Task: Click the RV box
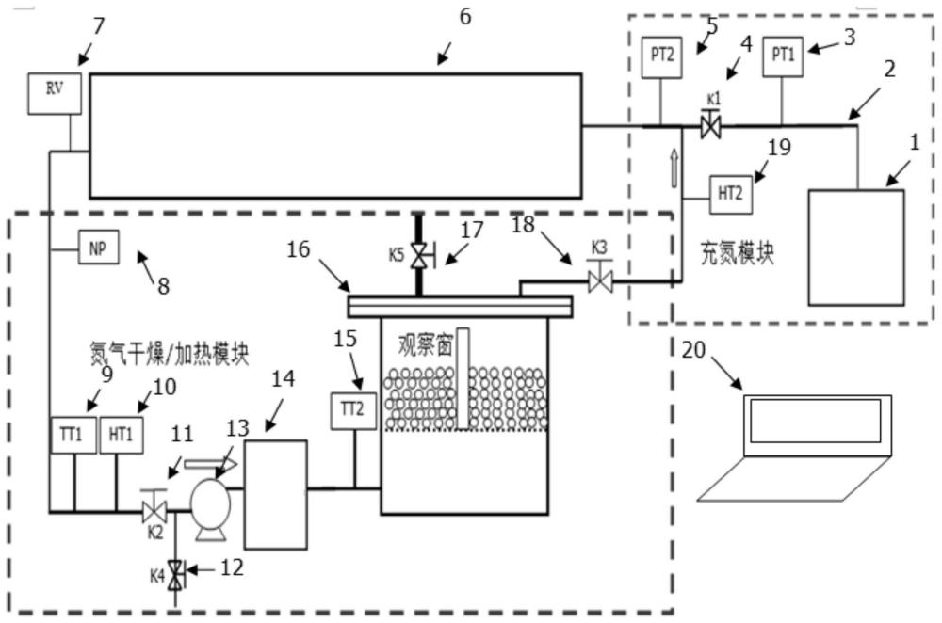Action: [x=55, y=93]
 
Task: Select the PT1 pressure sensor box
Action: [x=783, y=57]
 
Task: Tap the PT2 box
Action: [x=661, y=57]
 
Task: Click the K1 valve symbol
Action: [x=711, y=127]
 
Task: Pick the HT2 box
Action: [x=731, y=194]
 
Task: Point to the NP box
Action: [x=99, y=248]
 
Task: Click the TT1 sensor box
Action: [x=73, y=435]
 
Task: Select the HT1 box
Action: [x=122, y=435]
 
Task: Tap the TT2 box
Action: [x=353, y=411]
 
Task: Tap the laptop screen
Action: [x=816, y=420]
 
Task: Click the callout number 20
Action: [x=693, y=349]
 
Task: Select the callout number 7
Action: [x=99, y=25]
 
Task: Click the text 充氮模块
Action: [x=738, y=253]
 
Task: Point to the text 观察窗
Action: [x=425, y=345]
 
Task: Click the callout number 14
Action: [x=283, y=378]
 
